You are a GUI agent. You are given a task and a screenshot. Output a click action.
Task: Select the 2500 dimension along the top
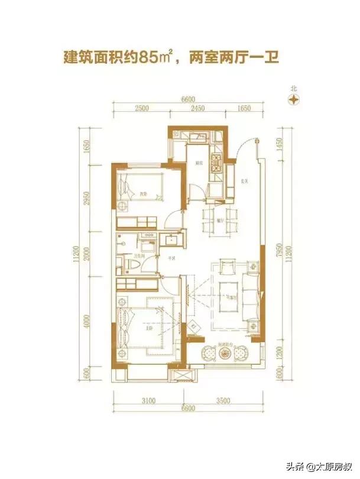[141, 108]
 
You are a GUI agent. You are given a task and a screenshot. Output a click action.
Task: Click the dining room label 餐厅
[219, 218]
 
